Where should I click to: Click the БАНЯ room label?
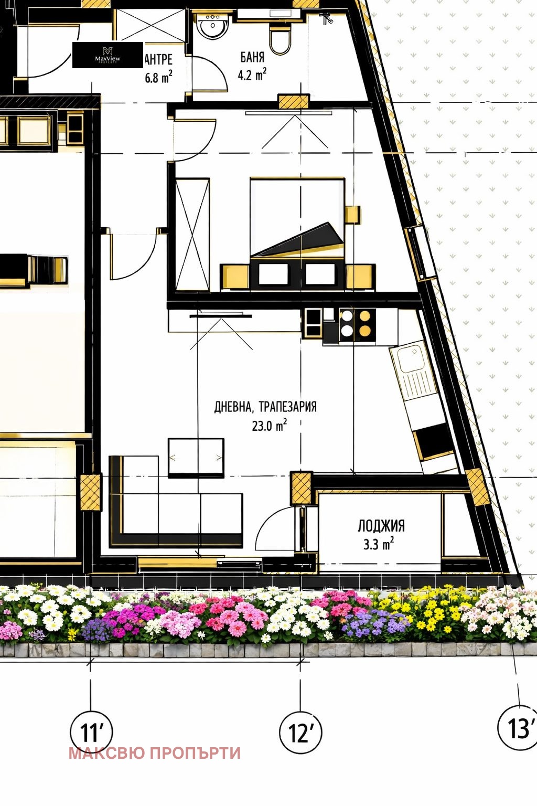pyautogui.click(x=252, y=57)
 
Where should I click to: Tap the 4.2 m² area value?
pyautogui.click(x=252, y=75)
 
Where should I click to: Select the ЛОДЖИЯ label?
pyautogui.click(x=381, y=526)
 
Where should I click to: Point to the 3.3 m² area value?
pyautogui.click(x=378, y=544)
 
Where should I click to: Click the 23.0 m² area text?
pyautogui.click(x=269, y=425)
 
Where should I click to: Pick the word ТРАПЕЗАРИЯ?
pyautogui.click(x=287, y=407)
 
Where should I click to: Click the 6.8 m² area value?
pyautogui.click(x=158, y=78)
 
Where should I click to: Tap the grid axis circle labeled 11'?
pyautogui.click(x=91, y=731)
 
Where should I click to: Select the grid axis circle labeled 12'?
pyautogui.click(x=300, y=733)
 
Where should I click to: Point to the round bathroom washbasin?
pyautogui.click(x=213, y=26)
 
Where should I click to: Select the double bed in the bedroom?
pyautogui.click(x=297, y=226)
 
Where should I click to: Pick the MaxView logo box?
pyautogui.click(x=108, y=55)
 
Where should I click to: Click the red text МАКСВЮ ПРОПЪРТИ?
pyautogui.click(x=155, y=753)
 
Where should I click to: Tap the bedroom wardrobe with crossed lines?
pyautogui.click(x=192, y=235)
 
